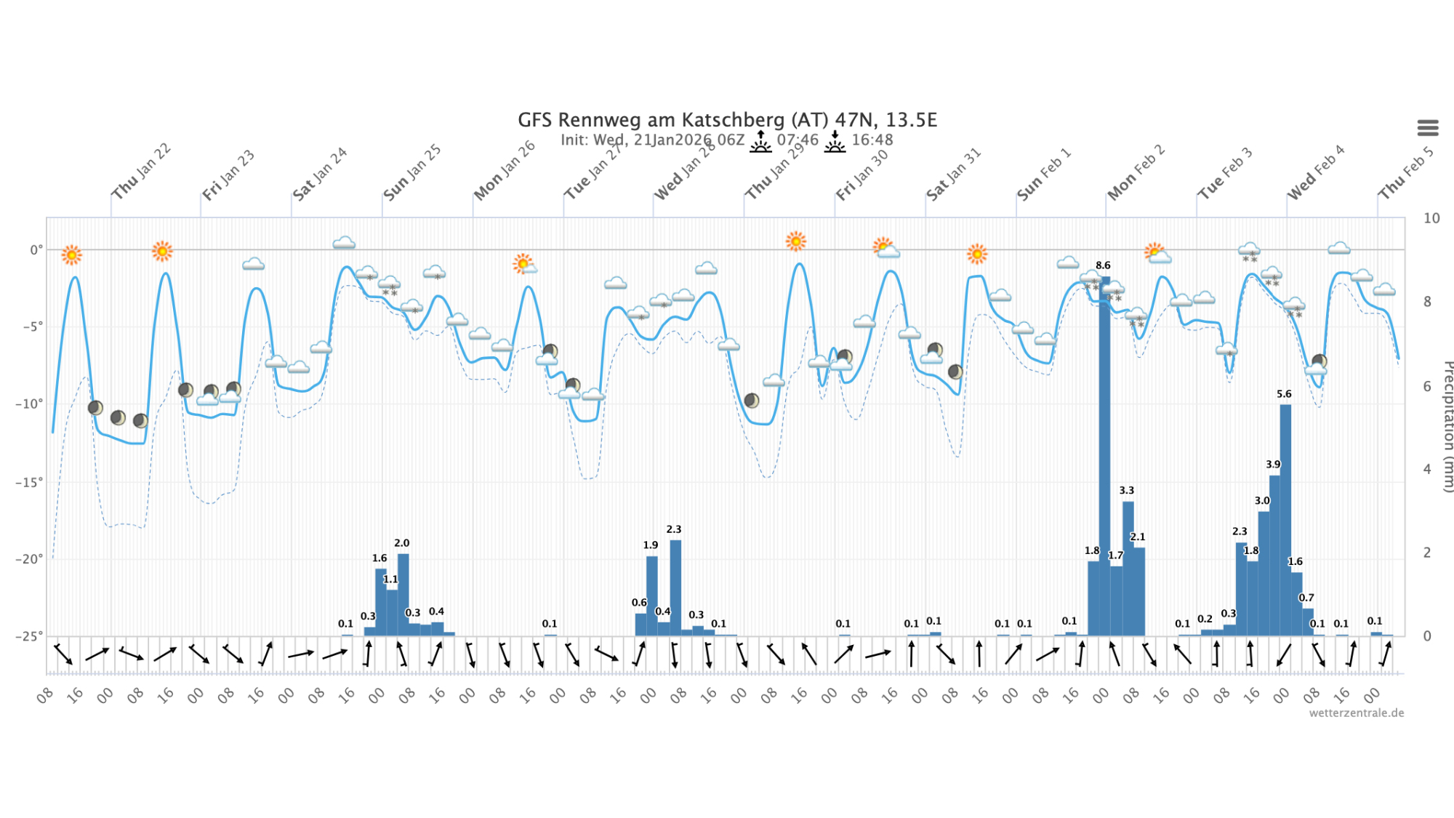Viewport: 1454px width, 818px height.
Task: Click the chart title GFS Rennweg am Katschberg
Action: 727,120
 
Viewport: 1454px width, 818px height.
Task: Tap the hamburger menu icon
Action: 1428,128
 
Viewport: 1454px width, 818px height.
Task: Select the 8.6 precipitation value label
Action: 1103,265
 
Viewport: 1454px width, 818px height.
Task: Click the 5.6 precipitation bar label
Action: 1284,394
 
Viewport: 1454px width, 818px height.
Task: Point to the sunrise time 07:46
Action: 798,140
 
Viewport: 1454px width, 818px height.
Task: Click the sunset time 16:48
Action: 872,140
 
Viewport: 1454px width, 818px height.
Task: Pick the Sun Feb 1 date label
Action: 1043,175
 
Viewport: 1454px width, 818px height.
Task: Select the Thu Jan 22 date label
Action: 140,172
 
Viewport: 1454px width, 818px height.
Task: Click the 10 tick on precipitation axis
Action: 1431,218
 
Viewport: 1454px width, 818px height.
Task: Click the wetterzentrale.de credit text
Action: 1356,713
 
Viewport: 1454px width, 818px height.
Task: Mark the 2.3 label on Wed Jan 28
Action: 674,529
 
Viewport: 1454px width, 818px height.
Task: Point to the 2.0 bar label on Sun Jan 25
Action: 401,543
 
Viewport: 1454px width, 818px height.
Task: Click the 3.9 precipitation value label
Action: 1273,464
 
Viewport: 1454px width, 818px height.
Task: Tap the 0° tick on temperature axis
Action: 36,250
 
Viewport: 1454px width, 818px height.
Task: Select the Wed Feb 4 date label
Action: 1315,173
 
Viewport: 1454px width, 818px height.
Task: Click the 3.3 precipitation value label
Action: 1126,490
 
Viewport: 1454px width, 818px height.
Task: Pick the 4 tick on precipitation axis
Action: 1427,469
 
